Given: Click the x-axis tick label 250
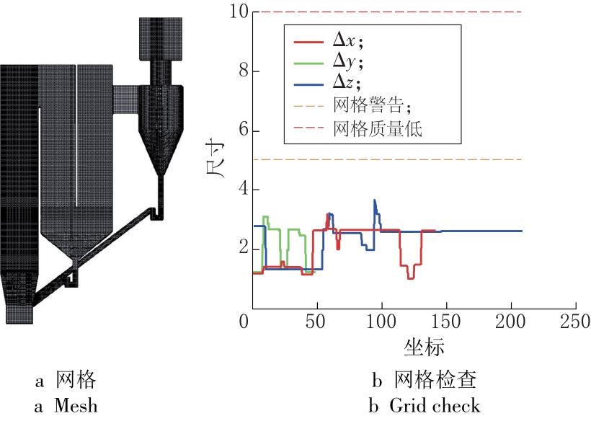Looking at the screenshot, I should pyautogui.click(x=575, y=321).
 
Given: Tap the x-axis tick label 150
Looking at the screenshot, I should pyautogui.click(x=445, y=321).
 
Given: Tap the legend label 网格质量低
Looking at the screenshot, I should pyautogui.click(x=378, y=130).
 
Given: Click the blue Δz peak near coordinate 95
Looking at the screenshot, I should pyautogui.click(x=374, y=200).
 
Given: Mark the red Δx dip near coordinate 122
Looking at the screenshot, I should pyautogui.click(x=410, y=277).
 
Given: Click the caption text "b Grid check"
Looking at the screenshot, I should pyautogui.click(x=425, y=406).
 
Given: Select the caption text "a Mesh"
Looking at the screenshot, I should pyautogui.click(x=66, y=406).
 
